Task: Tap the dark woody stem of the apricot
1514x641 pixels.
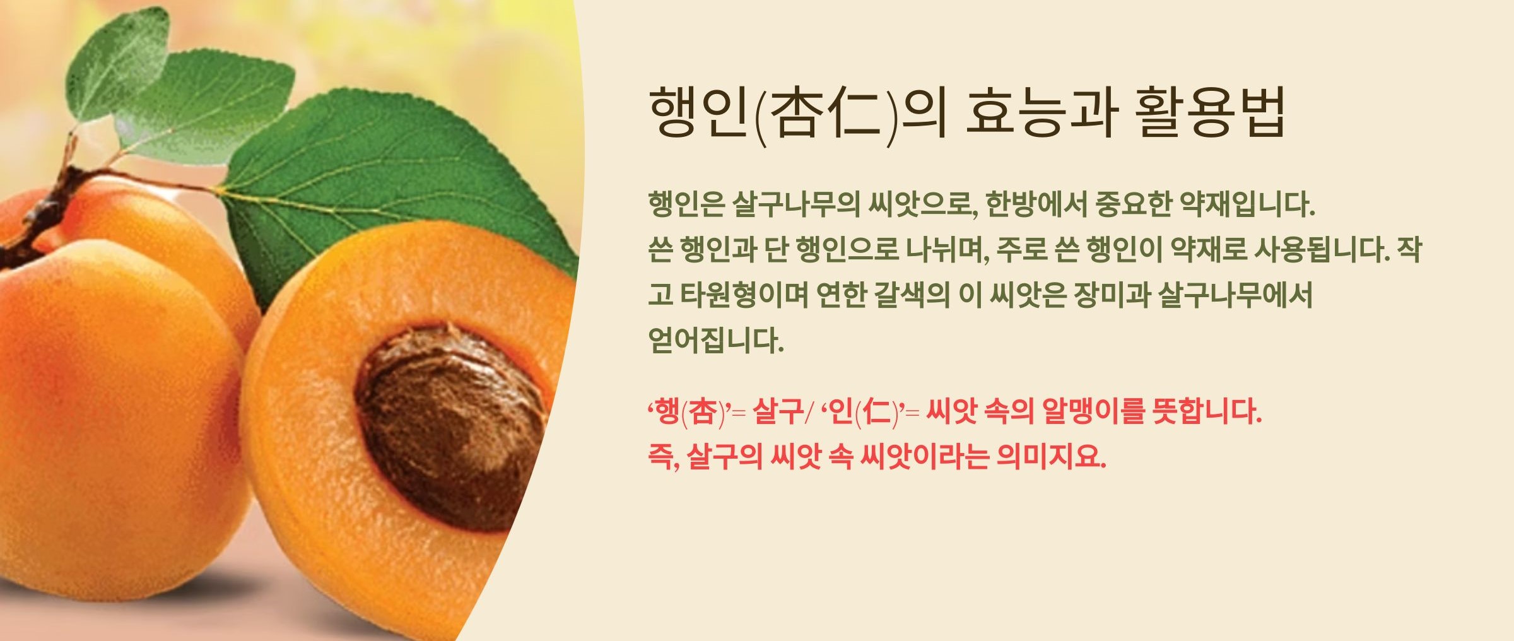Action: point(38,215)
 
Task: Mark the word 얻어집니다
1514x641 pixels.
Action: point(716,341)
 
